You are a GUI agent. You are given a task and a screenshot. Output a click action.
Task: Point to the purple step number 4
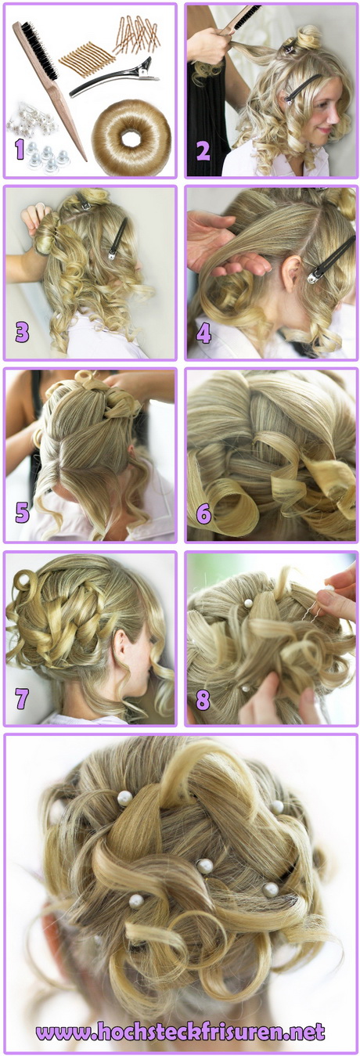(x=203, y=333)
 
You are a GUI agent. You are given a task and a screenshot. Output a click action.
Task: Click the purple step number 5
(x=22, y=513)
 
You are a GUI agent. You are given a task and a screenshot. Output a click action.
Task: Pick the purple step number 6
(x=203, y=514)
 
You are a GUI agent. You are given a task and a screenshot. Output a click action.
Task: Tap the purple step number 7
(x=22, y=698)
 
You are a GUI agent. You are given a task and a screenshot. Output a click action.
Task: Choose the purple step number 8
(x=203, y=700)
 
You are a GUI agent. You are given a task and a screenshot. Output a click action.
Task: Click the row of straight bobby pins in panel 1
(x=86, y=59)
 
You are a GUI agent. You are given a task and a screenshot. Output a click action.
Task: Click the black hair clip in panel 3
(x=118, y=239)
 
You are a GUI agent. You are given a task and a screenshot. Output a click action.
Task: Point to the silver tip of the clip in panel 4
(x=313, y=278)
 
